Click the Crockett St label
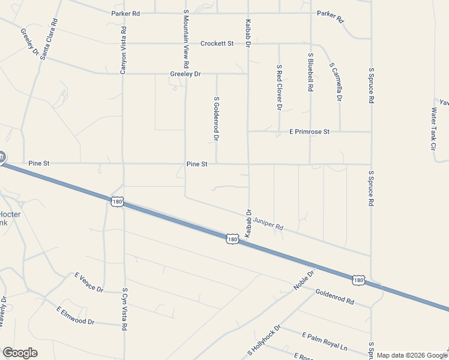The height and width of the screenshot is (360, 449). [x=217, y=43]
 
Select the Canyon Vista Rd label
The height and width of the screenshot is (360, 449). [x=123, y=50]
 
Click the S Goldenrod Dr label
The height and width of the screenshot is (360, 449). [x=216, y=118]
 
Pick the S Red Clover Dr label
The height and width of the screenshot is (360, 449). [x=279, y=88]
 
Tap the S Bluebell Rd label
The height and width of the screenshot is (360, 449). [x=310, y=71]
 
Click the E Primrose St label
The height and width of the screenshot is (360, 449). [x=310, y=131]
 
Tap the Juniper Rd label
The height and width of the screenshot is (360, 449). [x=268, y=224]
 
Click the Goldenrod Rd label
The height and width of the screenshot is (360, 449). [x=334, y=296]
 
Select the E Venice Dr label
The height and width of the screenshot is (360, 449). [x=89, y=283]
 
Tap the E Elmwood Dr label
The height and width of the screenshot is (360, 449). [x=76, y=316]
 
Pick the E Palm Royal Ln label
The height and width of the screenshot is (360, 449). [x=325, y=341]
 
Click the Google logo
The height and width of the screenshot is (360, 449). [x=20, y=353]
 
